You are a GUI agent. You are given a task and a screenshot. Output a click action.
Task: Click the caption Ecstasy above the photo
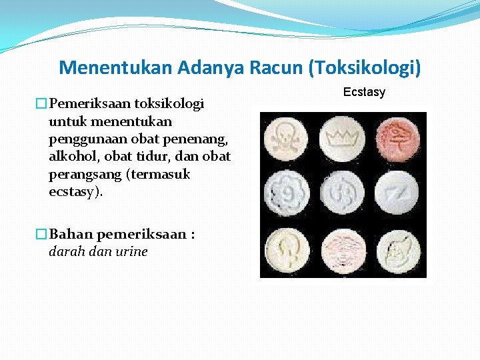(364, 92)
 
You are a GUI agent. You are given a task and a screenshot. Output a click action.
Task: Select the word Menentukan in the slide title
(115, 67)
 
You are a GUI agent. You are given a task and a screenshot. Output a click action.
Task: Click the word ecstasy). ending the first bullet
(76, 192)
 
